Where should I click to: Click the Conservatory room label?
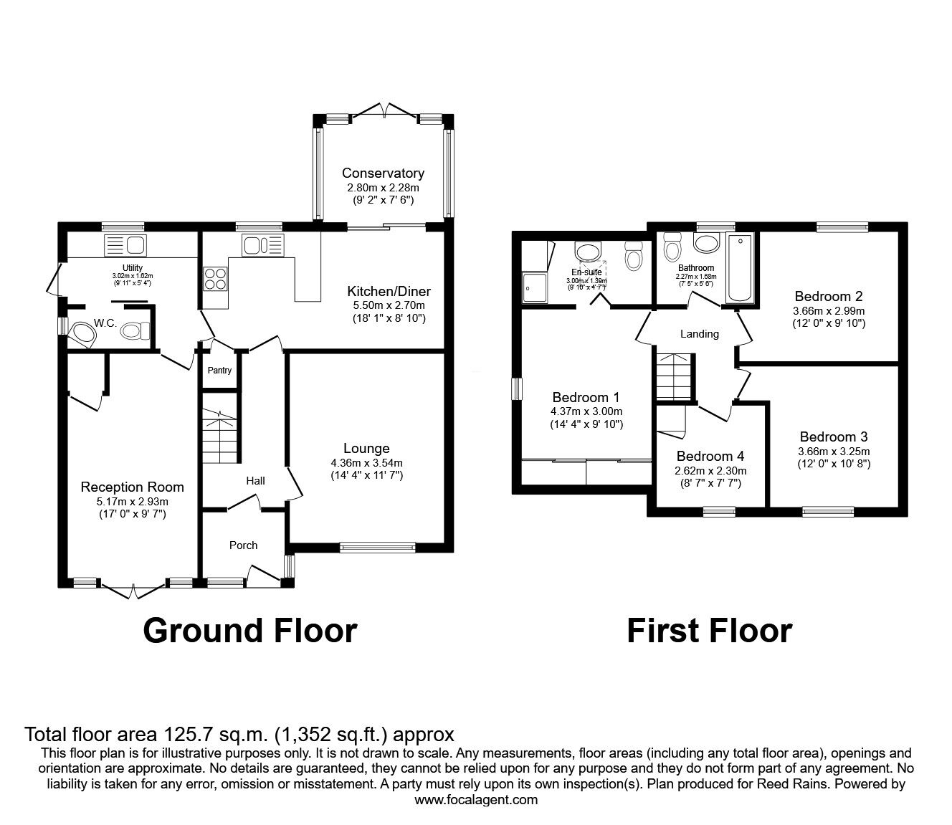383,173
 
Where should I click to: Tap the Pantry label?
219,371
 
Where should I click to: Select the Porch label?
243,545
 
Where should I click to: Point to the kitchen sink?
263,245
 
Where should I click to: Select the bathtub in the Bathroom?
738,269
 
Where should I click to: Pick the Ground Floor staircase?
219,436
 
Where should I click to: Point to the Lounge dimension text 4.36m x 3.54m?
366,463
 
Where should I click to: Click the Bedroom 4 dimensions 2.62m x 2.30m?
710,471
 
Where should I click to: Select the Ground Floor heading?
249,631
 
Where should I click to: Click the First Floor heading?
709,631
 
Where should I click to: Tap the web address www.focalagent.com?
476,800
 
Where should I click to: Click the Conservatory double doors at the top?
385,110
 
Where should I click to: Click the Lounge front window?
378,548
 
